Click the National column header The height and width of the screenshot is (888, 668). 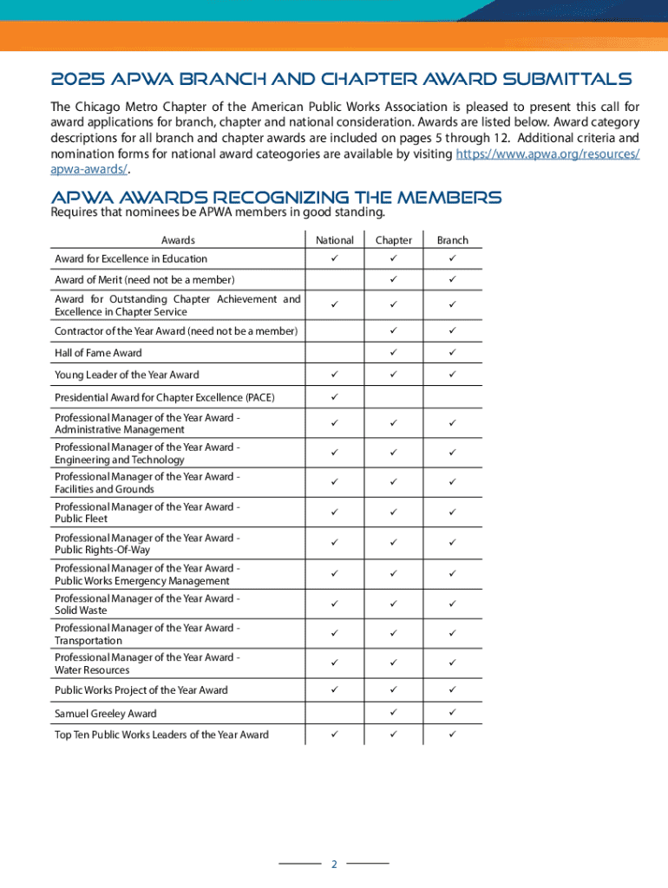pyautogui.click(x=335, y=240)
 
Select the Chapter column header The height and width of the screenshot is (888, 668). pyautogui.click(x=393, y=240)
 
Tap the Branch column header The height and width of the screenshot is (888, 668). pyautogui.click(x=452, y=240)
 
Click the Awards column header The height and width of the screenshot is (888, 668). pyautogui.click(x=178, y=240)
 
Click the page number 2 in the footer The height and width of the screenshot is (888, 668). pyautogui.click(x=334, y=865)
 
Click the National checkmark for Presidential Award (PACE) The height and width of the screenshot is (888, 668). pyautogui.click(x=335, y=397)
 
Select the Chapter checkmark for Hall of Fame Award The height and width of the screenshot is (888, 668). pyautogui.click(x=393, y=353)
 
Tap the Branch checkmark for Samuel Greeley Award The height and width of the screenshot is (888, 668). pyautogui.click(x=452, y=713)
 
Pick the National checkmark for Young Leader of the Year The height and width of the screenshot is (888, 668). pyautogui.click(x=335, y=375)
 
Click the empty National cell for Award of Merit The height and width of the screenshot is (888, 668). pyautogui.click(x=335, y=279)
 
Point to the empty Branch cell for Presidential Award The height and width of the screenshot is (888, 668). pyautogui.click(x=452, y=397)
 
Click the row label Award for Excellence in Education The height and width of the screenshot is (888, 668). pyautogui.click(x=131, y=258)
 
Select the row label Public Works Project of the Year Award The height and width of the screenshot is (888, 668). pyautogui.click(x=141, y=690)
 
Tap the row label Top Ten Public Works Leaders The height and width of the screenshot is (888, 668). pyautogui.click(x=161, y=735)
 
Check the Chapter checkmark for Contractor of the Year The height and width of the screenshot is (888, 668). pyautogui.click(x=393, y=331)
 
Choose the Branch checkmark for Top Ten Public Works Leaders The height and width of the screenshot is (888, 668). pyautogui.click(x=452, y=735)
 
